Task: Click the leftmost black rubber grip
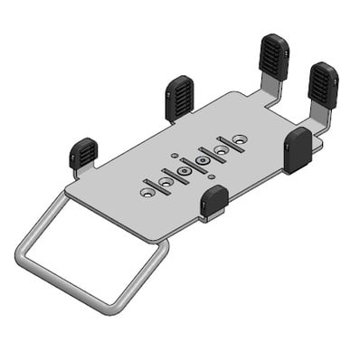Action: (83, 153)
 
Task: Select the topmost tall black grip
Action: (274, 57)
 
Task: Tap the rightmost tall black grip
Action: (322, 85)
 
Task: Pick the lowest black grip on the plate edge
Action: (214, 202)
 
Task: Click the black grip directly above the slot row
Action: (180, 98)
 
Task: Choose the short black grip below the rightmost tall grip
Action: (298, 149)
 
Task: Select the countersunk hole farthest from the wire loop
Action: (239, 138)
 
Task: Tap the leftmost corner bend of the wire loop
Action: (22, 249)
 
